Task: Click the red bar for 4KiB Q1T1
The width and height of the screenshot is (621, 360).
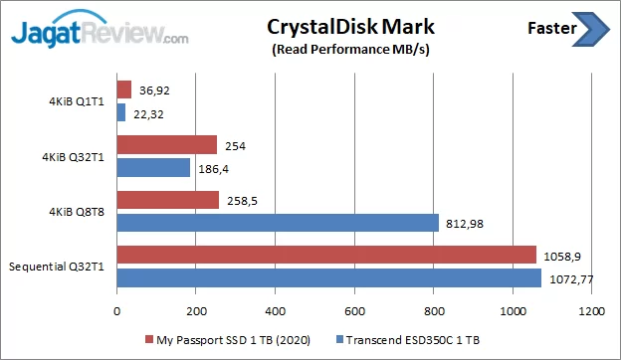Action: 124,90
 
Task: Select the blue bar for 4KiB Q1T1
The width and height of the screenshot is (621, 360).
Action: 121,112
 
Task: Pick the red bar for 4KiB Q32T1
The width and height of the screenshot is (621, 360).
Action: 167,145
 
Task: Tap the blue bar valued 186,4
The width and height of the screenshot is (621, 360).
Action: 154,168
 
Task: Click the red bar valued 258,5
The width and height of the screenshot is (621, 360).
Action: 168,200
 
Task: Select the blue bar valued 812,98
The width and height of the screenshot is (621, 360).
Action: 278,223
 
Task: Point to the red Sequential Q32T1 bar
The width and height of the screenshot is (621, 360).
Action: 326,256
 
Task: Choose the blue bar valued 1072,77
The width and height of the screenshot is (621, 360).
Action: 329,277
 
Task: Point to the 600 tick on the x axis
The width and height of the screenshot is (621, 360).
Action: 355,311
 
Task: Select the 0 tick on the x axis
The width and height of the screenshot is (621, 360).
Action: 117,311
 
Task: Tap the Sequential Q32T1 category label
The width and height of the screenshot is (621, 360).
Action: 59,267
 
